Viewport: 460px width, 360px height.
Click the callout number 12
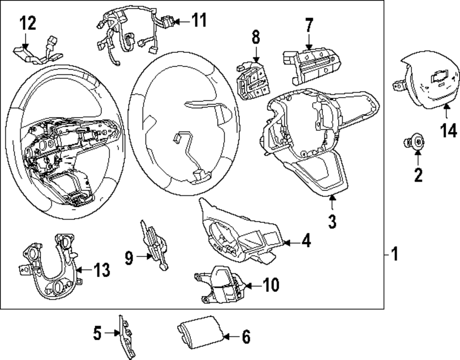[x=27, y=23]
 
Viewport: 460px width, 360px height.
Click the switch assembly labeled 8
[x=251, y=81]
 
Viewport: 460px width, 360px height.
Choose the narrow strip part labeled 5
[x=125, y=336]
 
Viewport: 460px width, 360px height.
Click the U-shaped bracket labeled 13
[x=52, y=267]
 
